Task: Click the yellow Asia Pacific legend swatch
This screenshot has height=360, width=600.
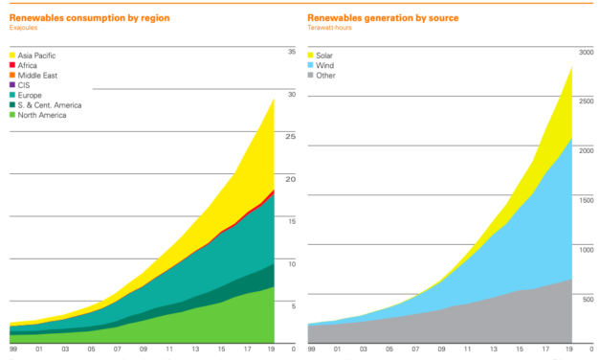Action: coord(14,56)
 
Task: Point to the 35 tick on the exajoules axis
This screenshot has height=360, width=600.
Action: coord(291,51)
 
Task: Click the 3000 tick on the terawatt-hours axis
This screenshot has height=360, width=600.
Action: coord(584,51)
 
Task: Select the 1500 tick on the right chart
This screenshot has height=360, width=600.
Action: coord(584,199)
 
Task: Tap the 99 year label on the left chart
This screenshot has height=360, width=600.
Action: coord(11,350)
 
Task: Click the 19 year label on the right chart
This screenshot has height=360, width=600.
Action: coord(570,350)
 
